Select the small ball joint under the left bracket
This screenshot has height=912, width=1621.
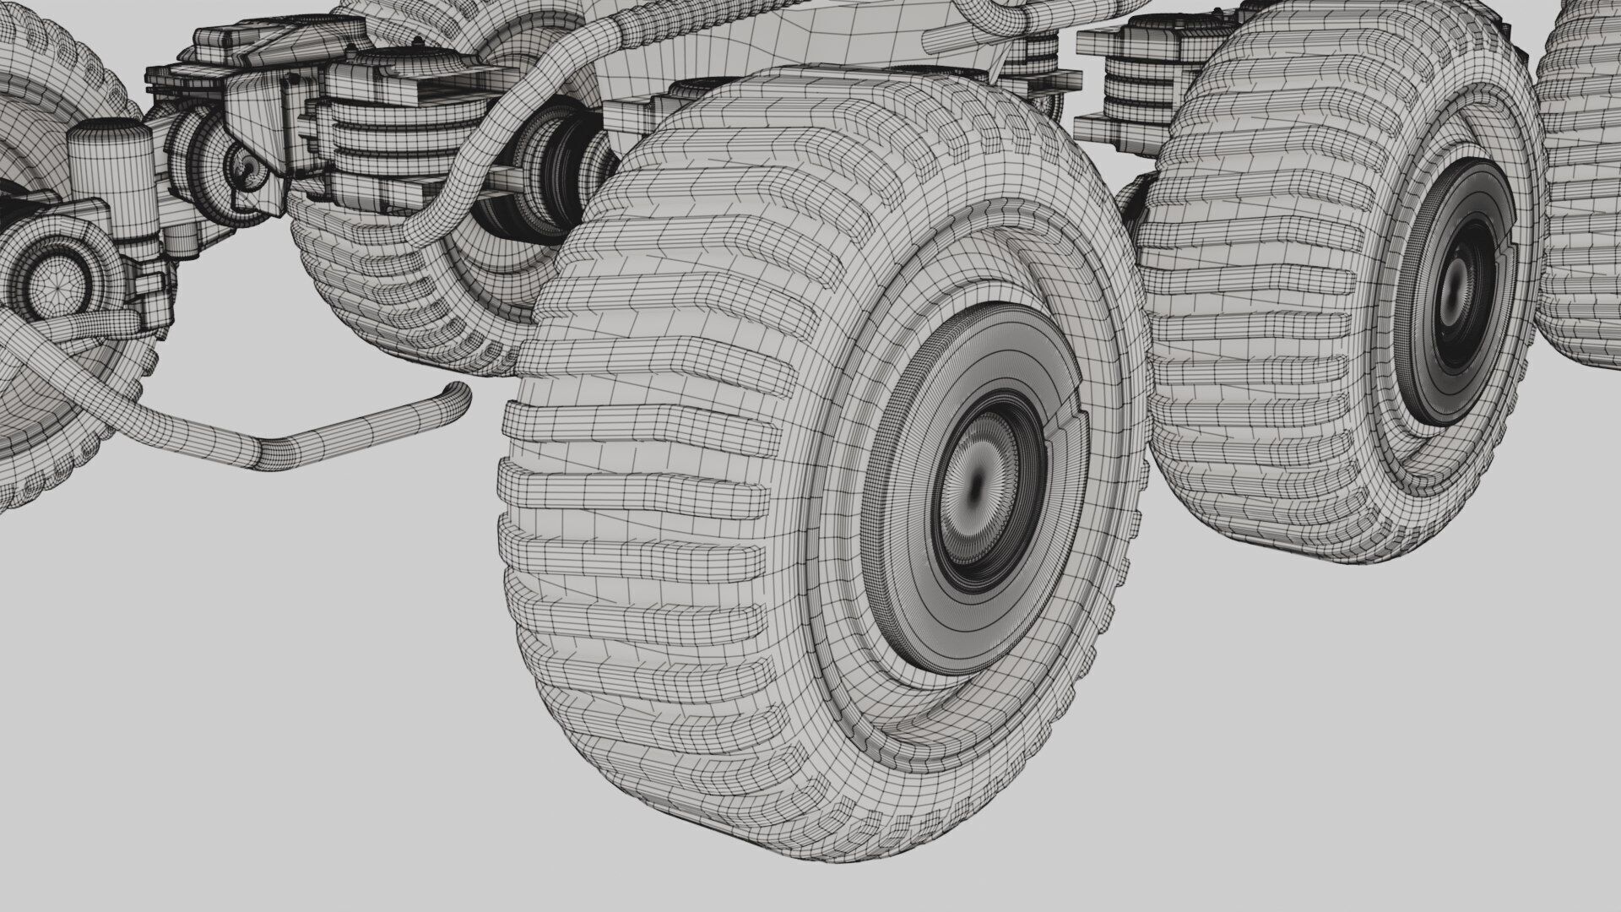[x=245, y=169]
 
